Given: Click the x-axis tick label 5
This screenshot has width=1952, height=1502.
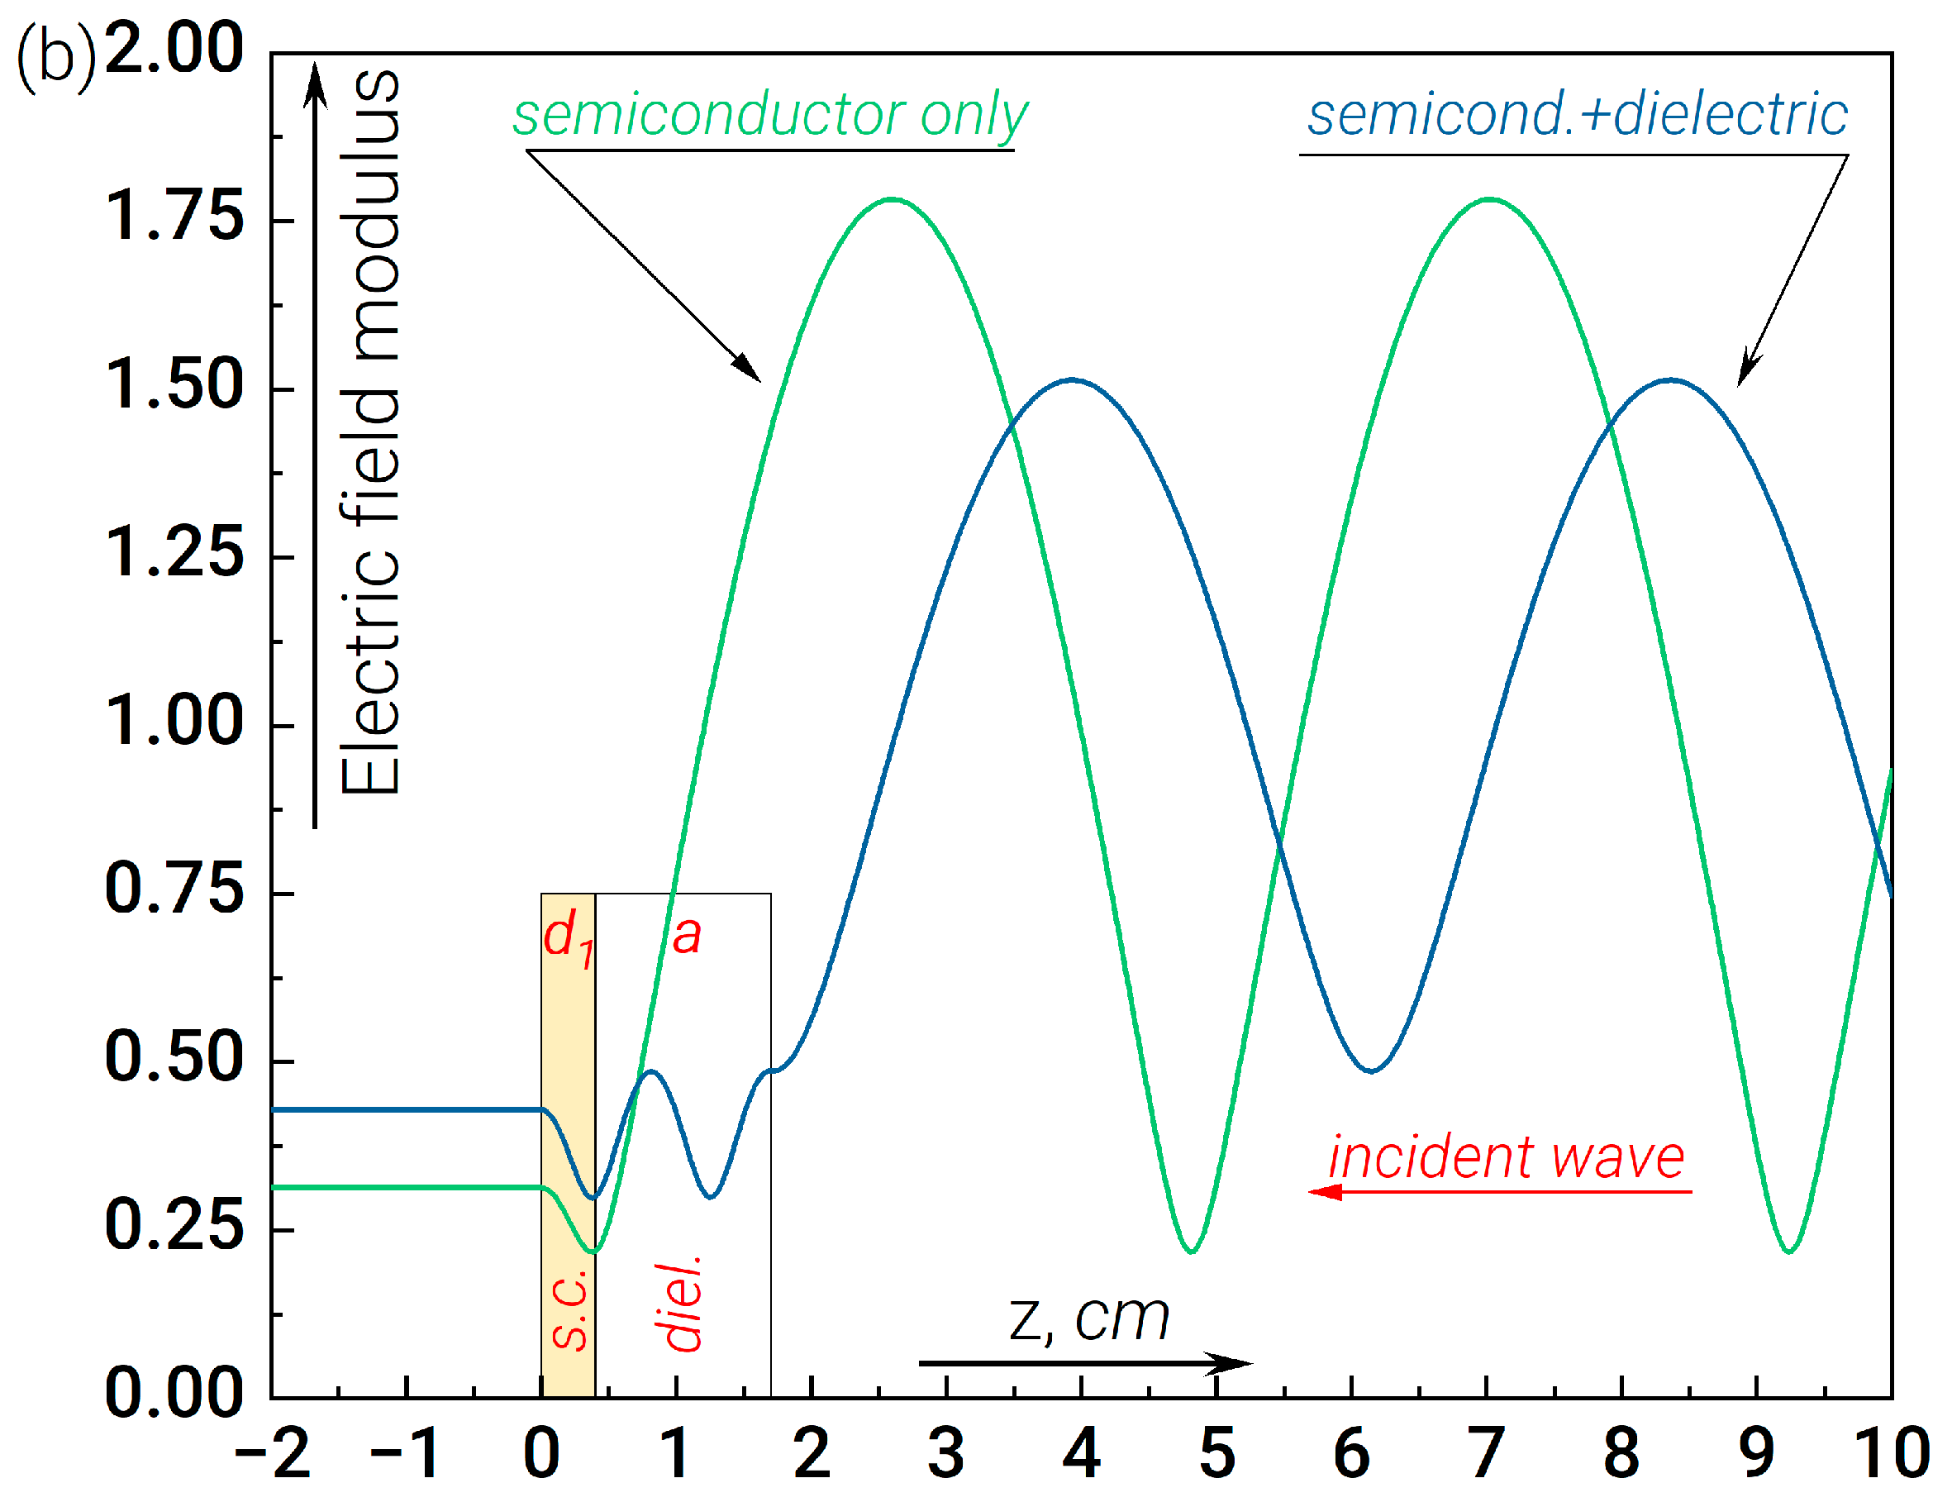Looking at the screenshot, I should tap(1216, 1454).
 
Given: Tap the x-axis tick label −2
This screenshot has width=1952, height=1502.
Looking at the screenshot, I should tap(273, 1454).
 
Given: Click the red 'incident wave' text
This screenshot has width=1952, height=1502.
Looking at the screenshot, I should tap(1506, 1158).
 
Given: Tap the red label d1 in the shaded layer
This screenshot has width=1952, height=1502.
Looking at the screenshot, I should tap(568, 939).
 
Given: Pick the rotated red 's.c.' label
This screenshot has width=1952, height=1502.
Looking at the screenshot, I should tap(569, 1309).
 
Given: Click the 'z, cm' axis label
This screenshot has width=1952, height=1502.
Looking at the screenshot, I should tap(1088, 1318).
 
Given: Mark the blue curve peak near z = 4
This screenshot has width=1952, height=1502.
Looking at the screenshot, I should tap(1073, 380).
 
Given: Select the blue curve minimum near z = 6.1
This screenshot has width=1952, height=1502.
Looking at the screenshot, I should tap(1372, 1070).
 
